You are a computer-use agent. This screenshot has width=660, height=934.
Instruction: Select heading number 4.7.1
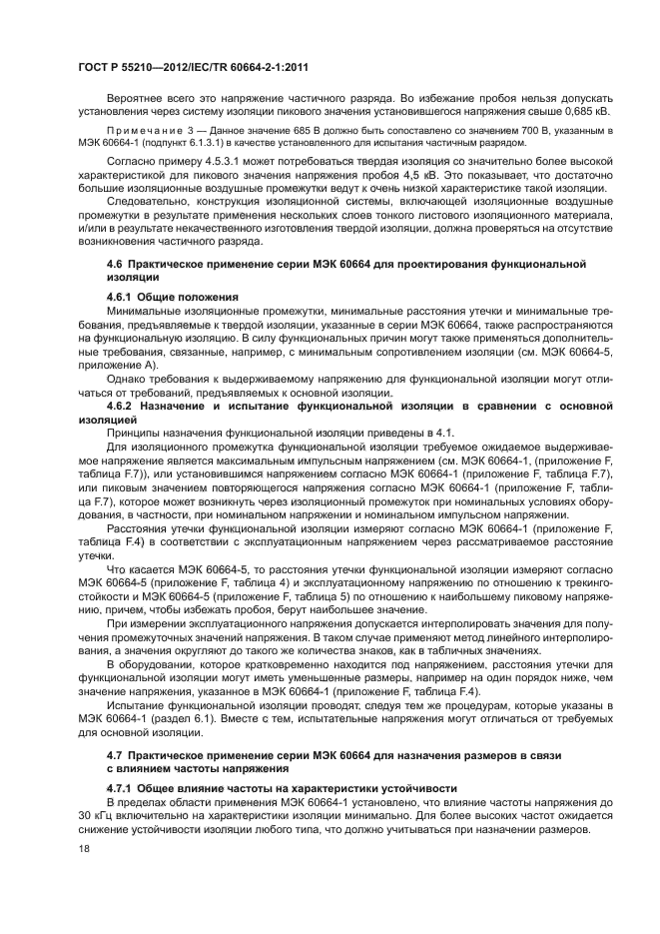point(123,788)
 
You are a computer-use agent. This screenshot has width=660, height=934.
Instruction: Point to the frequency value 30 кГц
point(95,815)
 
